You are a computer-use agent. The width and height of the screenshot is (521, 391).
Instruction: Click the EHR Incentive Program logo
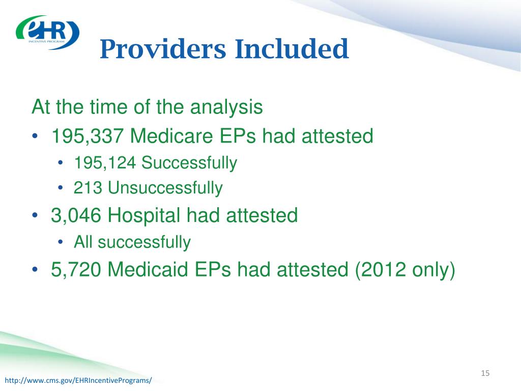[47, 32]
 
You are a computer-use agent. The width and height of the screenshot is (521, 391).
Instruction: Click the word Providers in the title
[163, 49]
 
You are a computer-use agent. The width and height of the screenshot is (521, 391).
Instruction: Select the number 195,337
[88, 136]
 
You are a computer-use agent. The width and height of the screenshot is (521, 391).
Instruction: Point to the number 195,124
[105, 163]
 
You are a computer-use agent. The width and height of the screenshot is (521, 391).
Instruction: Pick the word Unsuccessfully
[165, 188]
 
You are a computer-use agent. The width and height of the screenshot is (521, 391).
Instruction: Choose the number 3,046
[76, 215]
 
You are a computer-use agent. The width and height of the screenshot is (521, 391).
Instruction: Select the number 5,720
[76, 269]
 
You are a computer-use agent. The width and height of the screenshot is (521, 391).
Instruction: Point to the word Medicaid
[148, 269]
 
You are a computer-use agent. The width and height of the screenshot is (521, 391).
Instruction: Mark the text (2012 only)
[405, 270]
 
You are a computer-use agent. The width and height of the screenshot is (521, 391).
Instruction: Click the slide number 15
[485, 373]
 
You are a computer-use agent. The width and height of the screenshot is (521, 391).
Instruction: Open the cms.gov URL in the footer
[78, 380]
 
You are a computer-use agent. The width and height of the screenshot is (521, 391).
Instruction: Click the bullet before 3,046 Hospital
[35, 215]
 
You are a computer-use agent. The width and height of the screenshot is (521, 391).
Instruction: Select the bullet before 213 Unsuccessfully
[60, 188]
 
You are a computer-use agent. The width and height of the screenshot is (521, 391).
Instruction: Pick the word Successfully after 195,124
[189, 163]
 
